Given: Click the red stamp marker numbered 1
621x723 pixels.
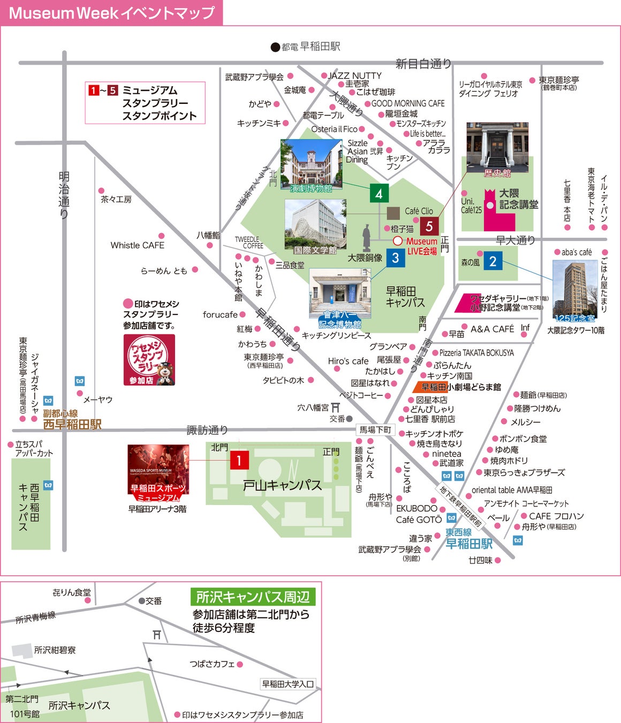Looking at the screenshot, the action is tap(239, 460).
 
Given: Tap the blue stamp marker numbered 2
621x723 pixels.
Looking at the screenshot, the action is tap(493, 261).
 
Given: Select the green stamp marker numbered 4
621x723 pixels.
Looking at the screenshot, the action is tap(379, 193).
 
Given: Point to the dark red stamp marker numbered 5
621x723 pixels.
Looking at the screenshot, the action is tap(429, 227).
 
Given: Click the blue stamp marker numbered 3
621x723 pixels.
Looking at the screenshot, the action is tap(395, 258).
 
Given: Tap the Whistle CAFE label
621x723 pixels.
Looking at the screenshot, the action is tap(137, 245).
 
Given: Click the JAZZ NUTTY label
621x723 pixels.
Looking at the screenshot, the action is tap(354, 76).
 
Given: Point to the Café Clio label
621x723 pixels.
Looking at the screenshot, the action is tap(419, 211).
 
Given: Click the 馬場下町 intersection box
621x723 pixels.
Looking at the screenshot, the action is tap(375, 430).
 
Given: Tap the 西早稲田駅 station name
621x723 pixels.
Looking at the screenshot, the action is tap(72, 425).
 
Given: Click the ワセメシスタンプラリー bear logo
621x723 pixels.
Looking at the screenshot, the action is tap(149, 360).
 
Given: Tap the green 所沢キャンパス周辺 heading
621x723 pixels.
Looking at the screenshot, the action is tap(253, 597).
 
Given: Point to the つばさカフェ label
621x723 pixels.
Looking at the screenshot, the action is tap(212, 664).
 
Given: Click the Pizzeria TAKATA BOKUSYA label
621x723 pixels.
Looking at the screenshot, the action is tap(476, 353).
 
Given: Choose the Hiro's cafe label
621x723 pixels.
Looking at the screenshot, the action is tap(348, 361).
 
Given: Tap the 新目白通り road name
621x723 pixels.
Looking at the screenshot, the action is tap(423, 64).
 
